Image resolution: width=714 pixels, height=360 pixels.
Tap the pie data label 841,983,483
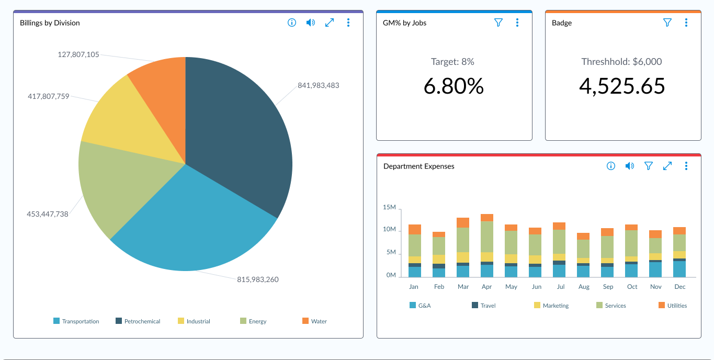[318, 85]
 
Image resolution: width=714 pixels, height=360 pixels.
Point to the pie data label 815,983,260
[257, 279]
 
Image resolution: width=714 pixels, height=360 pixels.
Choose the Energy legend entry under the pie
[253, 321]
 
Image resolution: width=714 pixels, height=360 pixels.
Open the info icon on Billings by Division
[292, 22]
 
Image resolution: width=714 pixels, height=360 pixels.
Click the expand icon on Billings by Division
[330, 22]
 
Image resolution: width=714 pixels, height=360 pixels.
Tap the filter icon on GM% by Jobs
[498, 22]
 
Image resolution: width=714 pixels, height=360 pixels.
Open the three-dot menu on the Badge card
[686, 22]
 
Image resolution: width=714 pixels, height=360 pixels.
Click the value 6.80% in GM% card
[454, 86]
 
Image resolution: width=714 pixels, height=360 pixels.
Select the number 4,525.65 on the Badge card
[622, 86]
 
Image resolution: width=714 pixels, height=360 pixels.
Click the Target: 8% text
[452, 62]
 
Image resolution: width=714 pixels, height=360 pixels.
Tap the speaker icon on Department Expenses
[630, 166]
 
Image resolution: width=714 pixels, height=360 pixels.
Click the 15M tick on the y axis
[389, 208]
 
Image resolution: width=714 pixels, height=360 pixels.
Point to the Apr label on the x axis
[486, 287]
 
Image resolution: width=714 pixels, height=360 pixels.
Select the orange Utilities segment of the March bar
[463, 222]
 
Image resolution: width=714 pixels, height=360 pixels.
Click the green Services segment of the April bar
[487, 237]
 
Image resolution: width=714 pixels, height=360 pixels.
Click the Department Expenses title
[418, 166]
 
